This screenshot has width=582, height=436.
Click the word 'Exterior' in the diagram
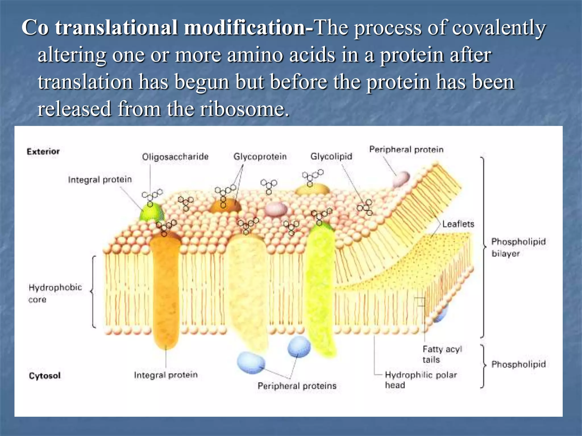pos(43,152)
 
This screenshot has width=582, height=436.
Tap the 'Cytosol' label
pos(45,376)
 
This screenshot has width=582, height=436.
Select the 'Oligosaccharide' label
pos(175,157)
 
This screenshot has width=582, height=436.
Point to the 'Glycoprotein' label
pos(260,157)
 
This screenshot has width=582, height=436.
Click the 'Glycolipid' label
pos(331,156)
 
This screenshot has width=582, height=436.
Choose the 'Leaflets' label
pos(458,224)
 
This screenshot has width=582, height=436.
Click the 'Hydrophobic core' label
pos(55,293)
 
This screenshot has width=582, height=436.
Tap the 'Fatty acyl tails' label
pos(442,354)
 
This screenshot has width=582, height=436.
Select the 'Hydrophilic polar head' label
pos(421,380)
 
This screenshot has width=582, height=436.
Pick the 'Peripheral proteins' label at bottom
pos(297,386)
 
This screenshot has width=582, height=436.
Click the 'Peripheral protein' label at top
pos(406,150)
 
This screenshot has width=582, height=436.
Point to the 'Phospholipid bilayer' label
pos(518,247)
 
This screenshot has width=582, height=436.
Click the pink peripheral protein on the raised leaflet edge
pos(401,179)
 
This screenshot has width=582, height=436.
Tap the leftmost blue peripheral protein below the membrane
pos(251,362)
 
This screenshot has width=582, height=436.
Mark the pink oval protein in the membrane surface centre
pos(276,209)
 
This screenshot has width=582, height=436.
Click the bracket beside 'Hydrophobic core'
pos(93,292)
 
